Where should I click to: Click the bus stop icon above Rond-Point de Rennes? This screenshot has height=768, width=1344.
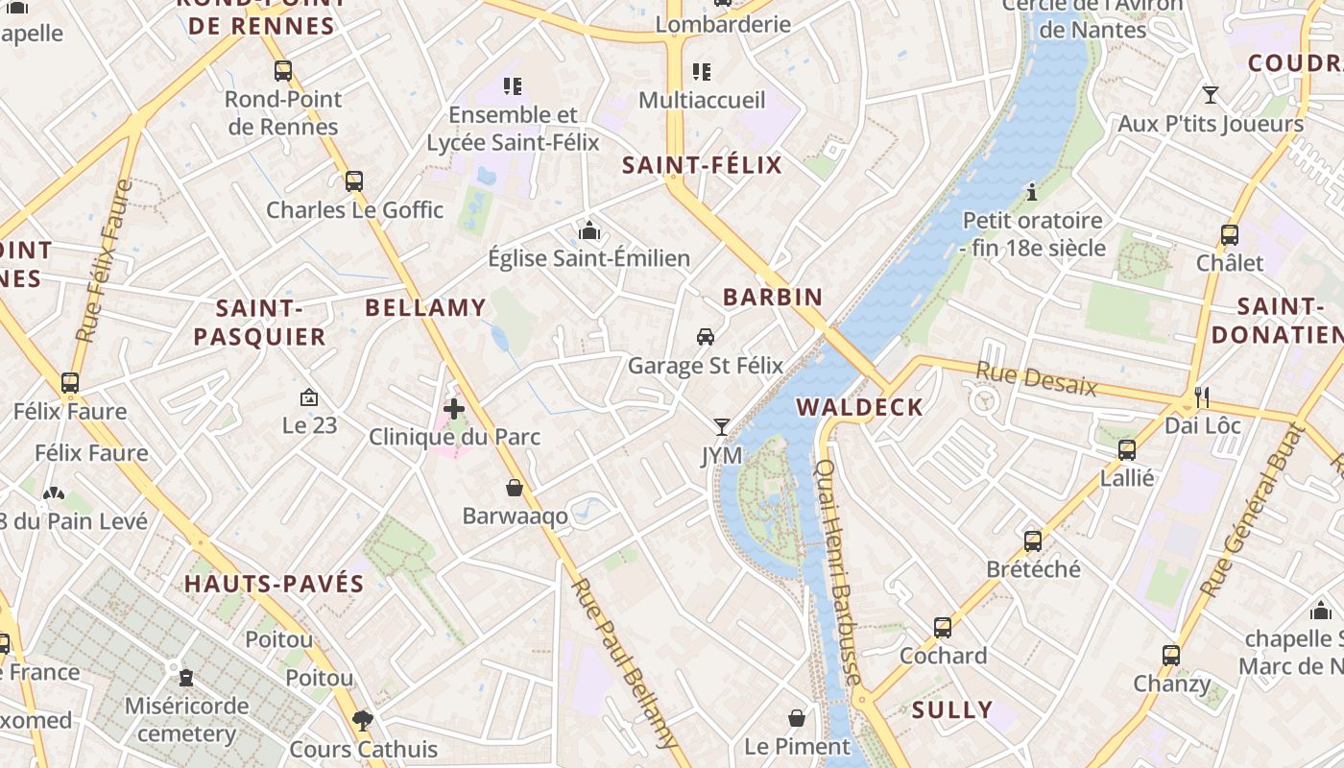(282, 70)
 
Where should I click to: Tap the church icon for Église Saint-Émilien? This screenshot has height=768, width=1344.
(589, 230)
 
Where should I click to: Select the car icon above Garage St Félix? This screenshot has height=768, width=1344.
(706, 337)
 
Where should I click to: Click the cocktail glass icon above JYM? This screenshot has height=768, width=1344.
(722, 426)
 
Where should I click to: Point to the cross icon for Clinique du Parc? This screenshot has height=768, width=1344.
(454, 409)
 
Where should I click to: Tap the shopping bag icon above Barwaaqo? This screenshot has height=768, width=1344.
(515, 488)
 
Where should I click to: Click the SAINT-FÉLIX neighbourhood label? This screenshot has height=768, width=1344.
(702, 165)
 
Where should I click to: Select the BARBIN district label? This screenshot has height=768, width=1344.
(773, 297)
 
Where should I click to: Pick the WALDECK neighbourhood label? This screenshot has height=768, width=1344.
(859, 407)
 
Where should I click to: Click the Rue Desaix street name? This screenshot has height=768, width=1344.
(1036, 378)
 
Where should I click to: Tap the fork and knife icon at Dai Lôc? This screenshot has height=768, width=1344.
(1202, 396)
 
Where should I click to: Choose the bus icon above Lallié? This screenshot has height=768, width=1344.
(1127, 449)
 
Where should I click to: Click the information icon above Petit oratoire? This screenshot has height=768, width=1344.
(1032, 192)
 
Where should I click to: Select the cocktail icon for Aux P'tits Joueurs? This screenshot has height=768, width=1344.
(1211, 95)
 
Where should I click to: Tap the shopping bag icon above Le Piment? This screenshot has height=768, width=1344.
(797, 717)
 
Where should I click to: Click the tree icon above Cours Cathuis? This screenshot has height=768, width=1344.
(363, 720)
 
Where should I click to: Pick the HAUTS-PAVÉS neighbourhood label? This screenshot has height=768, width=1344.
(275, 584)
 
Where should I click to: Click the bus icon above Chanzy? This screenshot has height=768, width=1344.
(1171, 656)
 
